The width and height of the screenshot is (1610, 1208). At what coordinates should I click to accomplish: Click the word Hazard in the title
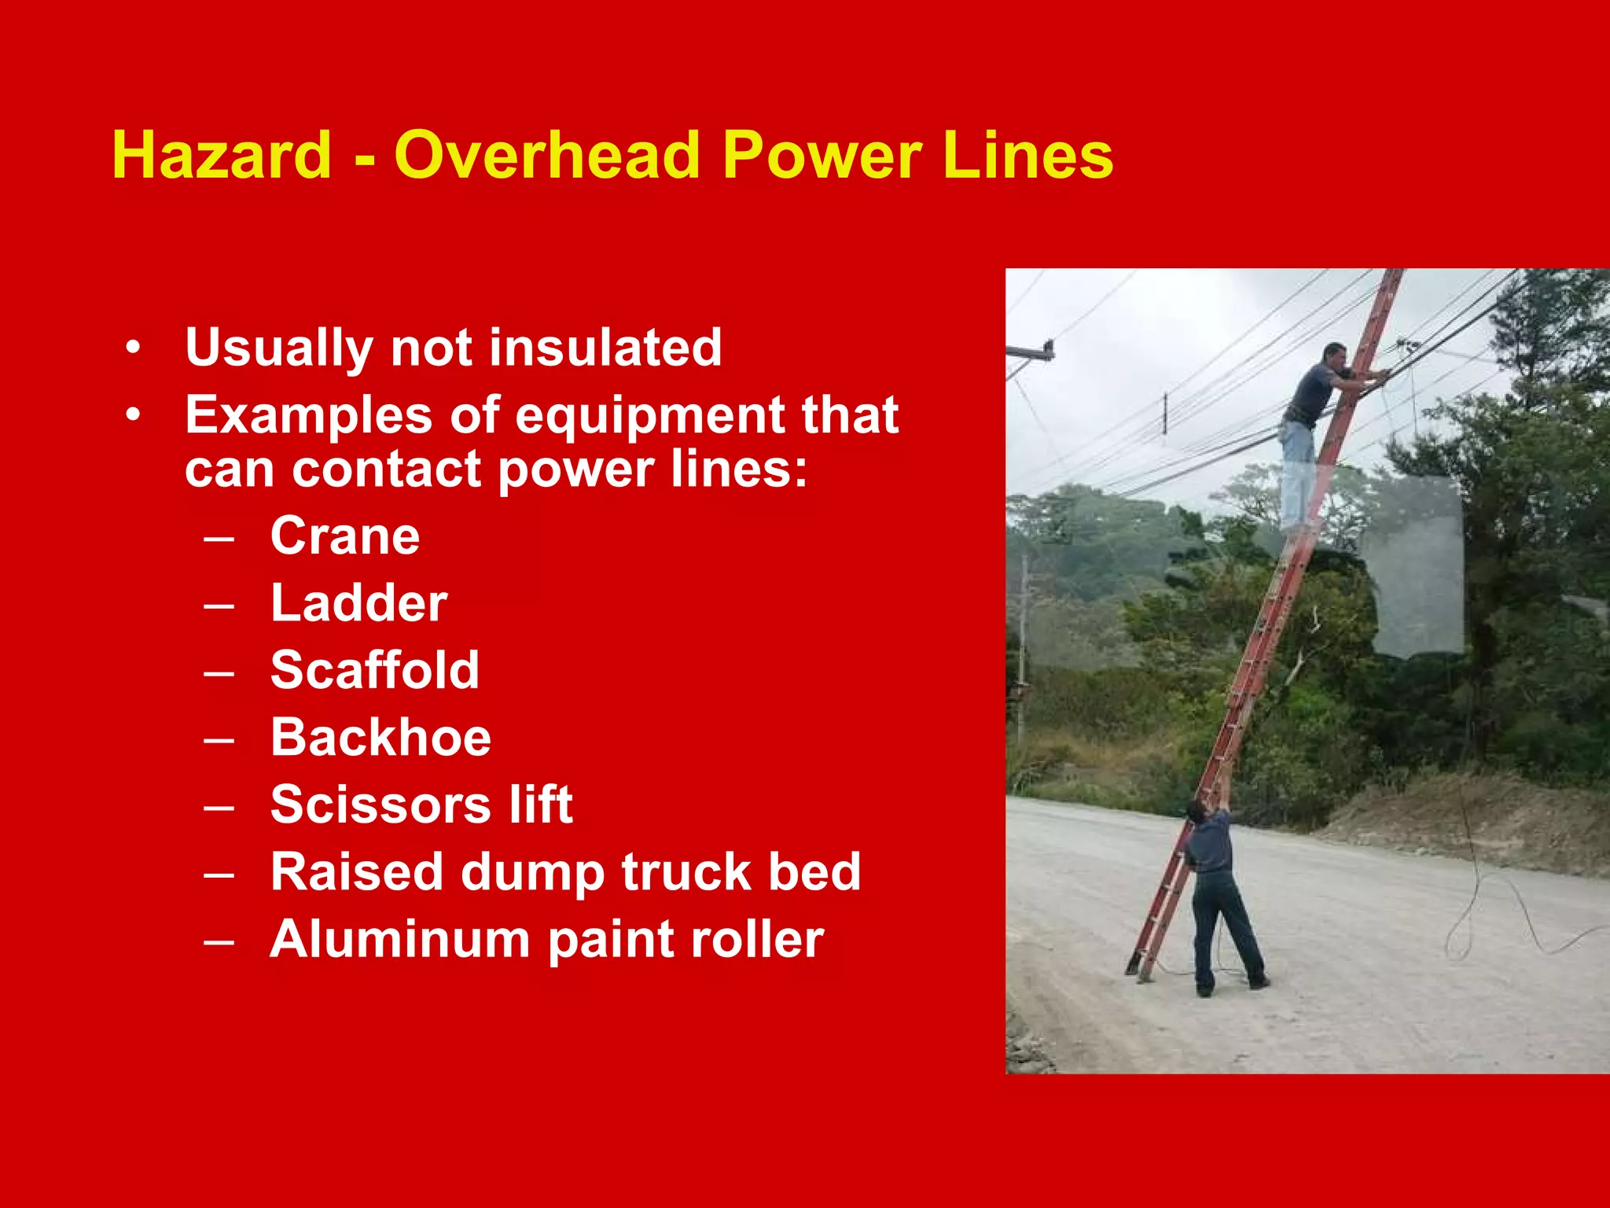(x=222, y=155)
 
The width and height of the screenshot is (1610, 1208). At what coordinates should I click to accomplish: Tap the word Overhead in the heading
(x=546, y=155)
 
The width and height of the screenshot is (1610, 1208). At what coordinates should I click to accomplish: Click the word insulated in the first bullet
(x=605, y=347)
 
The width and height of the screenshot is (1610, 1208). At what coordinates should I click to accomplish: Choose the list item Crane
(x=345, y=536)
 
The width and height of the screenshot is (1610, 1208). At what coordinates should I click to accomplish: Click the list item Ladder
(x=358, y=603)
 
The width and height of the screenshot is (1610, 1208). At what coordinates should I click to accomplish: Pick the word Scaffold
(x=374, y=670)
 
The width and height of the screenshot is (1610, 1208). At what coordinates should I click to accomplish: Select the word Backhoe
(x=380, y=738)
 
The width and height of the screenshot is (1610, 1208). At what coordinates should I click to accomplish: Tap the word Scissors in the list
(x=381, y=805)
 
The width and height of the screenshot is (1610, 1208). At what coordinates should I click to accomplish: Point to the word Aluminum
(x=400, y=939)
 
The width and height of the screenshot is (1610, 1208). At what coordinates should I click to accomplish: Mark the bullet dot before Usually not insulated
(x=134, y=347)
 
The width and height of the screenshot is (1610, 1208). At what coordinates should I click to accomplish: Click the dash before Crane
(x=219, y=538)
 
